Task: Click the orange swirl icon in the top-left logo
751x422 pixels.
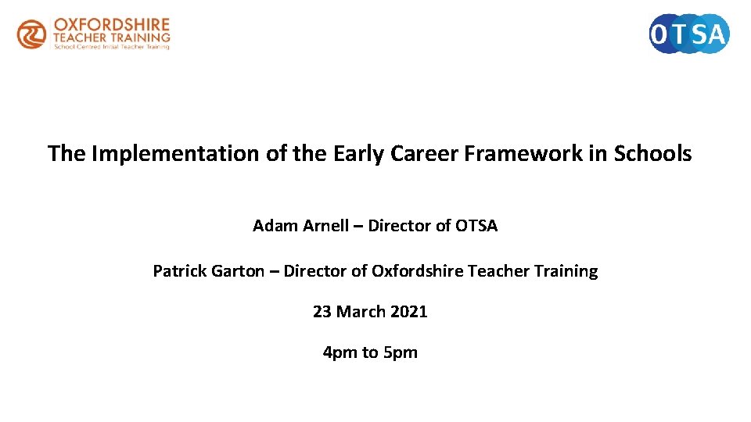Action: click(32, 34)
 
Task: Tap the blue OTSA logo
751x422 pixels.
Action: click(689, 34)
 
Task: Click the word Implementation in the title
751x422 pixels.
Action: click(177, 153)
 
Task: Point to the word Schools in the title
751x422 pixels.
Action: click(652, 153)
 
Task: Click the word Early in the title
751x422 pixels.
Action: click(358, 153)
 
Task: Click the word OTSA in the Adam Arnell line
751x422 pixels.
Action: click(476, 226)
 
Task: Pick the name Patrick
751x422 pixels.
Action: click(179, 271)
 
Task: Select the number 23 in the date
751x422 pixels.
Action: click(322, 312)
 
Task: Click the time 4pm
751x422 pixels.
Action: click(340, 352)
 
